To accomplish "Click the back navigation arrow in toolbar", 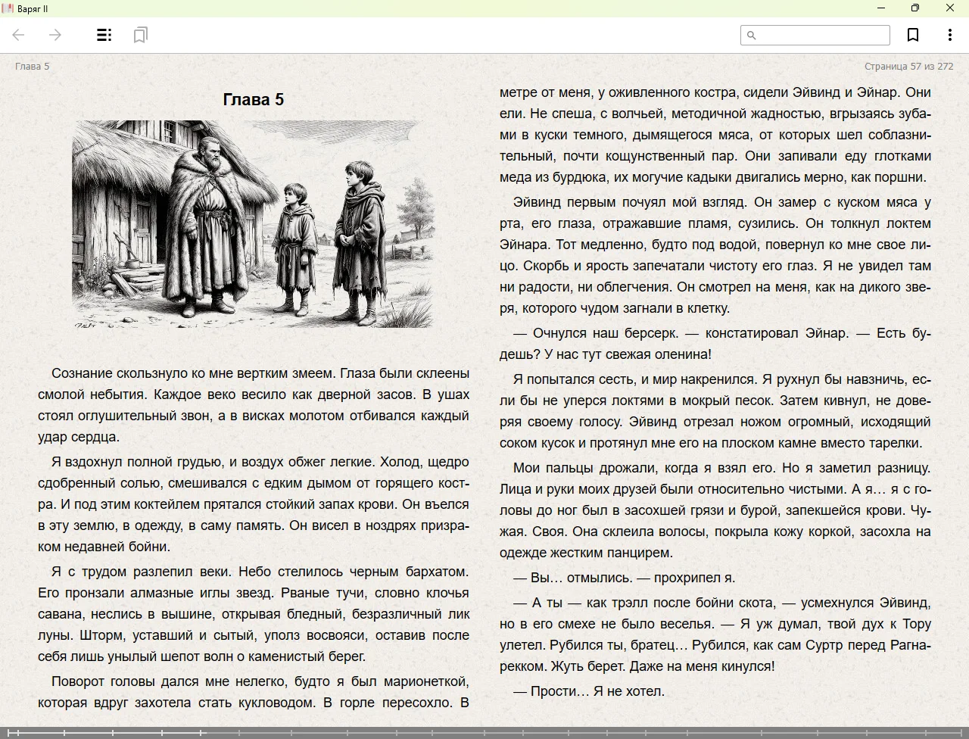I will click(19, 35).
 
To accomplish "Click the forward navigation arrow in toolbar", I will click(55, 35).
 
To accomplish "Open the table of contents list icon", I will click(104, 35).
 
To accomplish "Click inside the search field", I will click(821, 35).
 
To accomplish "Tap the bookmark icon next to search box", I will click(913, 35).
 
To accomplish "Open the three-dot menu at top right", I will click(949, 35).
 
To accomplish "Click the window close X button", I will click(949, 8).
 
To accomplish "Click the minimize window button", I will click(880, 8).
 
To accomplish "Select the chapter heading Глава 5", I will click(254, 99).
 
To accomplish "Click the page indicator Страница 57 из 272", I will click(908, 66).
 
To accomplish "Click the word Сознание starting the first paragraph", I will click(81, 373).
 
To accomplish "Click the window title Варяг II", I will click(33, 8).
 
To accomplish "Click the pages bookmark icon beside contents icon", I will click(140, 35).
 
